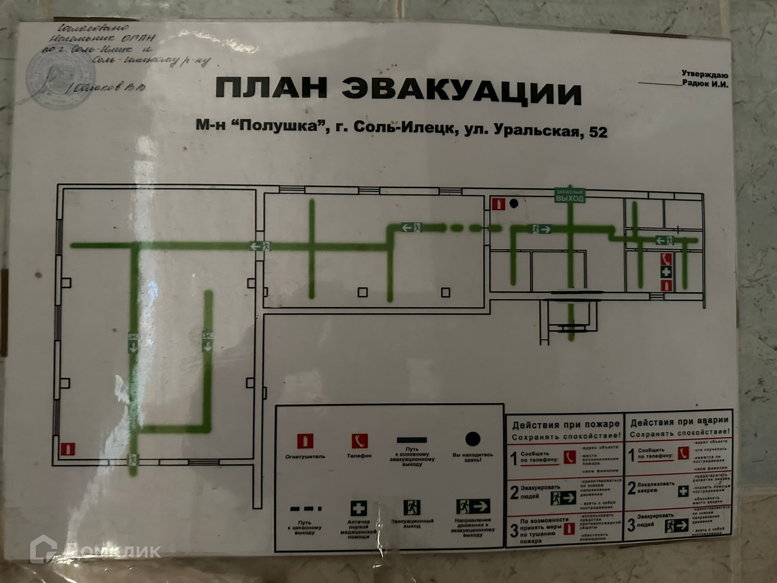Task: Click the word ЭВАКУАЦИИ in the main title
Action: click(x=461, y=92)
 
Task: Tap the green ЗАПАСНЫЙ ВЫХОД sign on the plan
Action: click(x=570, y=196)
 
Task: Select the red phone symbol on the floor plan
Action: click(x=666, y=259)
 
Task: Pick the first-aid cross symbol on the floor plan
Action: click(x=666, y=272)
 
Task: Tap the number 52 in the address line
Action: click(x=597, y=132)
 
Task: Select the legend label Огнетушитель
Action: click(x=305, y=456)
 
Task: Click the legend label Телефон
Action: click(x=359, y=456)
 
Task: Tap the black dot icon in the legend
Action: click(x=472, y=438)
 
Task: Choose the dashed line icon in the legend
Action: click(x=306, y=509)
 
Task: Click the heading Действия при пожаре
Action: click(x=566, y=425)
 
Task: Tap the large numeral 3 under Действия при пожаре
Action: click(x=514, y=530)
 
